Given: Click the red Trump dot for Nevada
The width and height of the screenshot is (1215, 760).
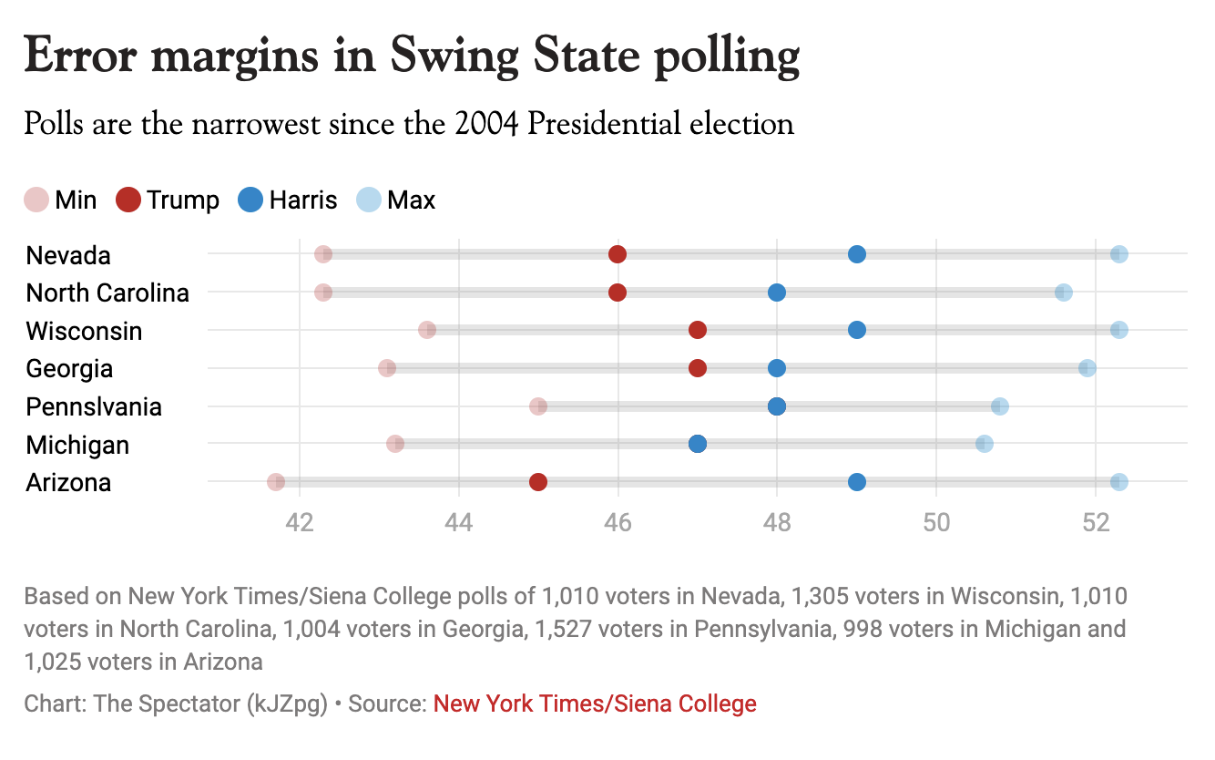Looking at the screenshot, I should coord(618,254).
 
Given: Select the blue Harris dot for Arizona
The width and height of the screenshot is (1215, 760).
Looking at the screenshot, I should coord(856,482).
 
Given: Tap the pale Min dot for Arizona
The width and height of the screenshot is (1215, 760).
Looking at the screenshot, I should coord(276,482).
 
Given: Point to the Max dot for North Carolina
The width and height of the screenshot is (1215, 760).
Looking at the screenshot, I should coord(1063,293).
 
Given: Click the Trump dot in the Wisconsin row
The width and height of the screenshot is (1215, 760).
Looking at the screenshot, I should coord(698,330).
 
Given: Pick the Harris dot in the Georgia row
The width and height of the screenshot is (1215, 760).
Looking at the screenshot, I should coord(776,368).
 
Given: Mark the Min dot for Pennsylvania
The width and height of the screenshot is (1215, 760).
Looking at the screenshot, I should coord(538,406).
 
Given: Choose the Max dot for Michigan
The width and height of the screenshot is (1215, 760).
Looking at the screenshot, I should coord(984,444).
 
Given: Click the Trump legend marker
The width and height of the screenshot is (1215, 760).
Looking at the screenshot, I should coord(128,200).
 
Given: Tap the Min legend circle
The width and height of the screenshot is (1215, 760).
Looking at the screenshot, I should coord(36,200).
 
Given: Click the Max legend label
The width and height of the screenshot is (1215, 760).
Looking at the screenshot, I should coord(411,200).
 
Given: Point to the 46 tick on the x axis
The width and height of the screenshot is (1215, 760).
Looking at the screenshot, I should coord(618,524).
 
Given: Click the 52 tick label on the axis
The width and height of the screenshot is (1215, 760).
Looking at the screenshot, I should coord(1095,524).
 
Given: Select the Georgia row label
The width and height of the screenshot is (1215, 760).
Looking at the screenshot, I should coord(69,369).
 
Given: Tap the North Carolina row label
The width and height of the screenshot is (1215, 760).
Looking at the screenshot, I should coord(107,293).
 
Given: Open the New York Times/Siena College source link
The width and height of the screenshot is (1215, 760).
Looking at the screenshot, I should coord(595,704).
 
